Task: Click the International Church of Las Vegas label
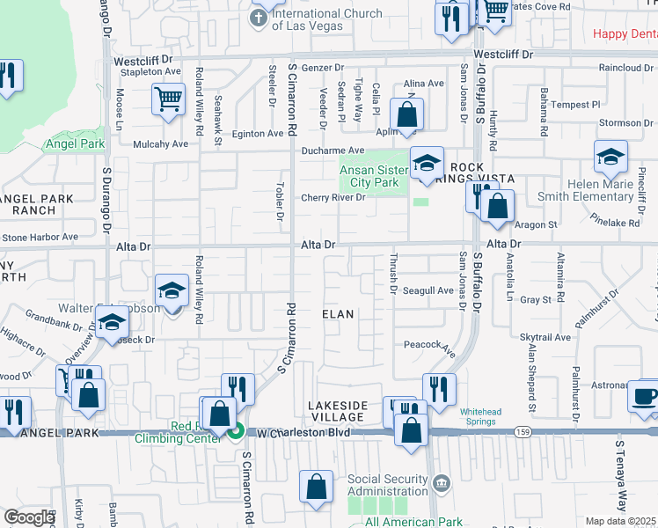coord(326,19)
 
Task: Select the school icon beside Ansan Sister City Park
coord(427,164)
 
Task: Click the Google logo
coord(28,517)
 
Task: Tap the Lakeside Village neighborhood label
coord(338,411)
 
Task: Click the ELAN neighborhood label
coord(338,314)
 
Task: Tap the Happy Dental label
coord(625,34)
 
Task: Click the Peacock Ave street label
coord(429,348)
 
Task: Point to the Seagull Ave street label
coord(428,290)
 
